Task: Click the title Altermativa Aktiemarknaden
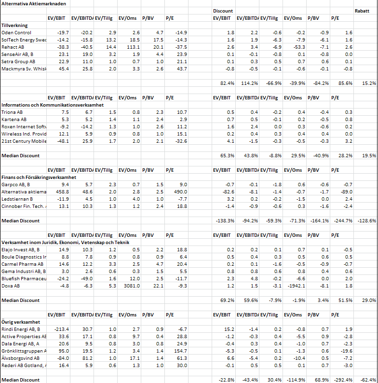coord(34,4)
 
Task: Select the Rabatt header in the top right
coord(362,11)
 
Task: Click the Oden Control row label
coord(16,33)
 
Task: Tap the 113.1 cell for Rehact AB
coord(134,47)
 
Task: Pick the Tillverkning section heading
coord(14,26)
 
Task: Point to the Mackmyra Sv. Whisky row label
coord(24,69)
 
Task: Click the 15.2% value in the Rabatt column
coord(369,83)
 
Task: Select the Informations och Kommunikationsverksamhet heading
coord(53,105)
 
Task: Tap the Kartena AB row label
coord(14,120)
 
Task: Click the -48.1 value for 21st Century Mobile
coord(63,141)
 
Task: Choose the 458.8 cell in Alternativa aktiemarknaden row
coord(62,192)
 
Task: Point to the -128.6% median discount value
coord(367,221)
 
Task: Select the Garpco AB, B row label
coord(15,185)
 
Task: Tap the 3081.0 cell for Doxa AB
coord(132,286)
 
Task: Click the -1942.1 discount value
coord(296,286)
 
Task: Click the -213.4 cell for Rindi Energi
coord(62,329)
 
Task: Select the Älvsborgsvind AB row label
coord(21,358)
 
